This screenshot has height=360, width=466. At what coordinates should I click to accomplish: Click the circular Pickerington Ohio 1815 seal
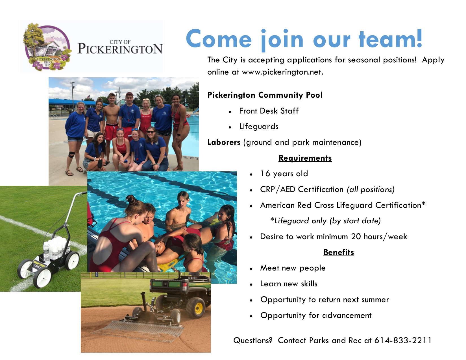point(47,47)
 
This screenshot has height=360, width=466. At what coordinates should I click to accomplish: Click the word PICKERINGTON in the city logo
point(120,49)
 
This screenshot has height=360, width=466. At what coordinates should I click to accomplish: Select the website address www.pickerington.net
point(282,72)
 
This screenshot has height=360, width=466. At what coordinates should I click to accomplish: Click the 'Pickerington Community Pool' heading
point(265,95)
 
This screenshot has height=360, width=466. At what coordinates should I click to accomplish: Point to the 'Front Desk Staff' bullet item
point(269,111)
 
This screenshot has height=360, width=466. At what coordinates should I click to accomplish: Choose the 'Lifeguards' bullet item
point(259,126)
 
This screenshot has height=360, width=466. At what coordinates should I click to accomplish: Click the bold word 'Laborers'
point(224,142)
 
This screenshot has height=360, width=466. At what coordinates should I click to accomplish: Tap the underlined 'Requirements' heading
point(305,158)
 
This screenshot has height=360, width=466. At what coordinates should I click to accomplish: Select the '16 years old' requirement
point(284,174)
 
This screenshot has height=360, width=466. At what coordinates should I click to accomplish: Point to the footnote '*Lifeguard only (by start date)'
point(326,221)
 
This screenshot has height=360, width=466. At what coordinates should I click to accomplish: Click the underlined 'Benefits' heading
point(339,252)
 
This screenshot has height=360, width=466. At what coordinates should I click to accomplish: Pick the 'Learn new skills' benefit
point(289,284)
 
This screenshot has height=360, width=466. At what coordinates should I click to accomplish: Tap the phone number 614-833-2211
point(403,341)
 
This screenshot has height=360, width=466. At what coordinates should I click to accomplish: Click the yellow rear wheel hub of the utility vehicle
point(198,308)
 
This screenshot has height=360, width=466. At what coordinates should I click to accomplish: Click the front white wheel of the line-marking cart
point(43,278)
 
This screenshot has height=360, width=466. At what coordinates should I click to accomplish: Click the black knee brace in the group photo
point(72,154)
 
